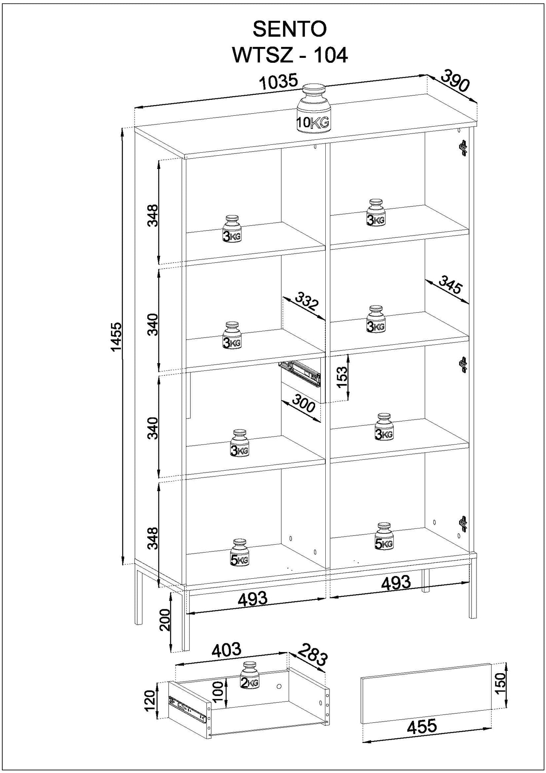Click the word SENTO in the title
click(x=289, y=29)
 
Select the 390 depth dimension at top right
click(x=455, y=81)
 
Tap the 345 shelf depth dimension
click(x=451, y=285)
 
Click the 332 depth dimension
click(x=307, y=301)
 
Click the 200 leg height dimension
click(x=165, y=620)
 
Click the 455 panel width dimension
click(x=422, y=726)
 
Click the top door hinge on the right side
click(x=463, y=148)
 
